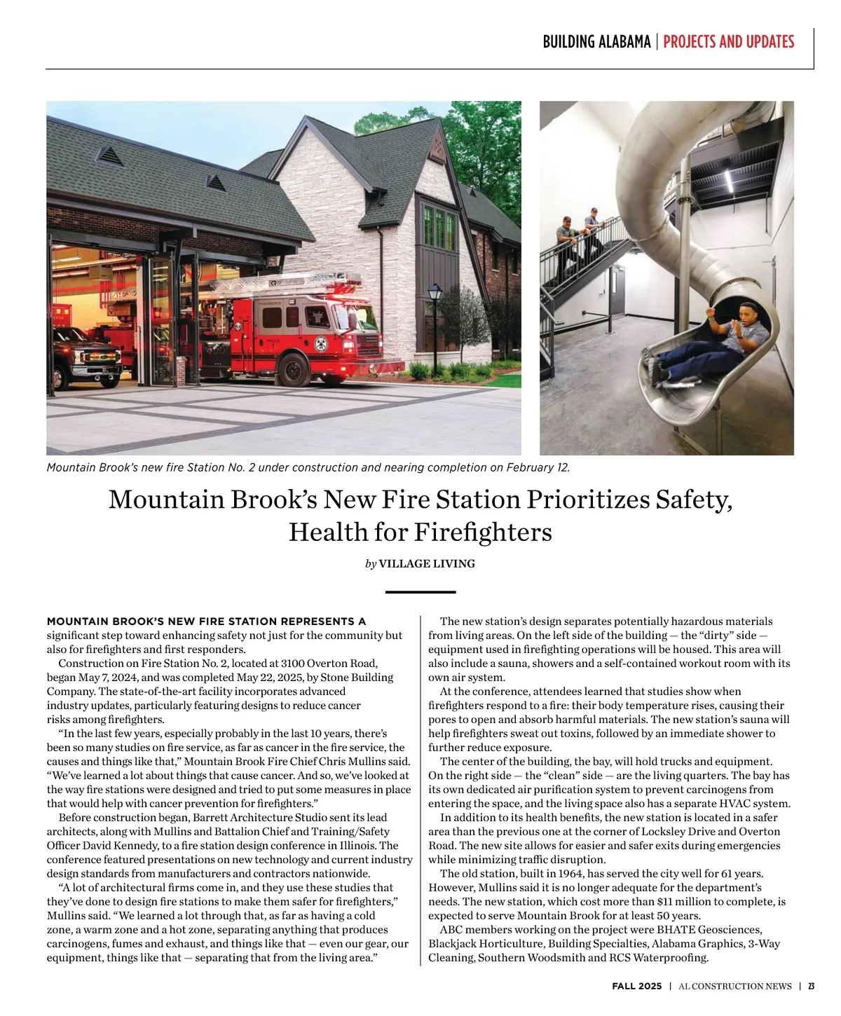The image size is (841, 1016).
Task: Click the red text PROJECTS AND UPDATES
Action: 728,42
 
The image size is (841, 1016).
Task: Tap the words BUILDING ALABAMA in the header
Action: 596,42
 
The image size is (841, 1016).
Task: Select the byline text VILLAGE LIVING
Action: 427,564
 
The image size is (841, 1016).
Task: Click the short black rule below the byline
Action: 420,592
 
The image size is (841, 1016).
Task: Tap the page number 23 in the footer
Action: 811,987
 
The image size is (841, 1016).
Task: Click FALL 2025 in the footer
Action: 636,987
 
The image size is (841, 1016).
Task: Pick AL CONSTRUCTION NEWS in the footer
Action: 735,987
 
